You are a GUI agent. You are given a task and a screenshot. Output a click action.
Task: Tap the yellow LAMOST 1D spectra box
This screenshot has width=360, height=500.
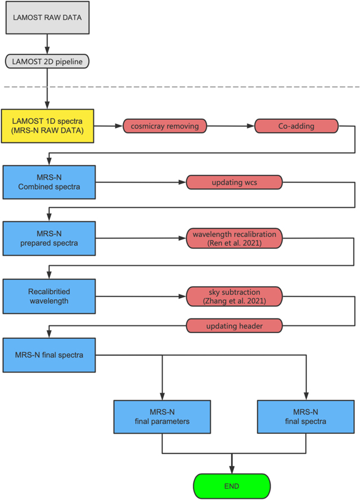coord(48,126)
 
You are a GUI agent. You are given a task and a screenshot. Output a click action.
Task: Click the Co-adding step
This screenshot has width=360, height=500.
coord(296,126)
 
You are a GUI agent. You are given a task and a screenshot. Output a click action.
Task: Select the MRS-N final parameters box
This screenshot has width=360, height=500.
coord(162,416)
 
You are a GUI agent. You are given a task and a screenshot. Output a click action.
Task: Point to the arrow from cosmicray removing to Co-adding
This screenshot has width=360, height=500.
coord(231,126)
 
